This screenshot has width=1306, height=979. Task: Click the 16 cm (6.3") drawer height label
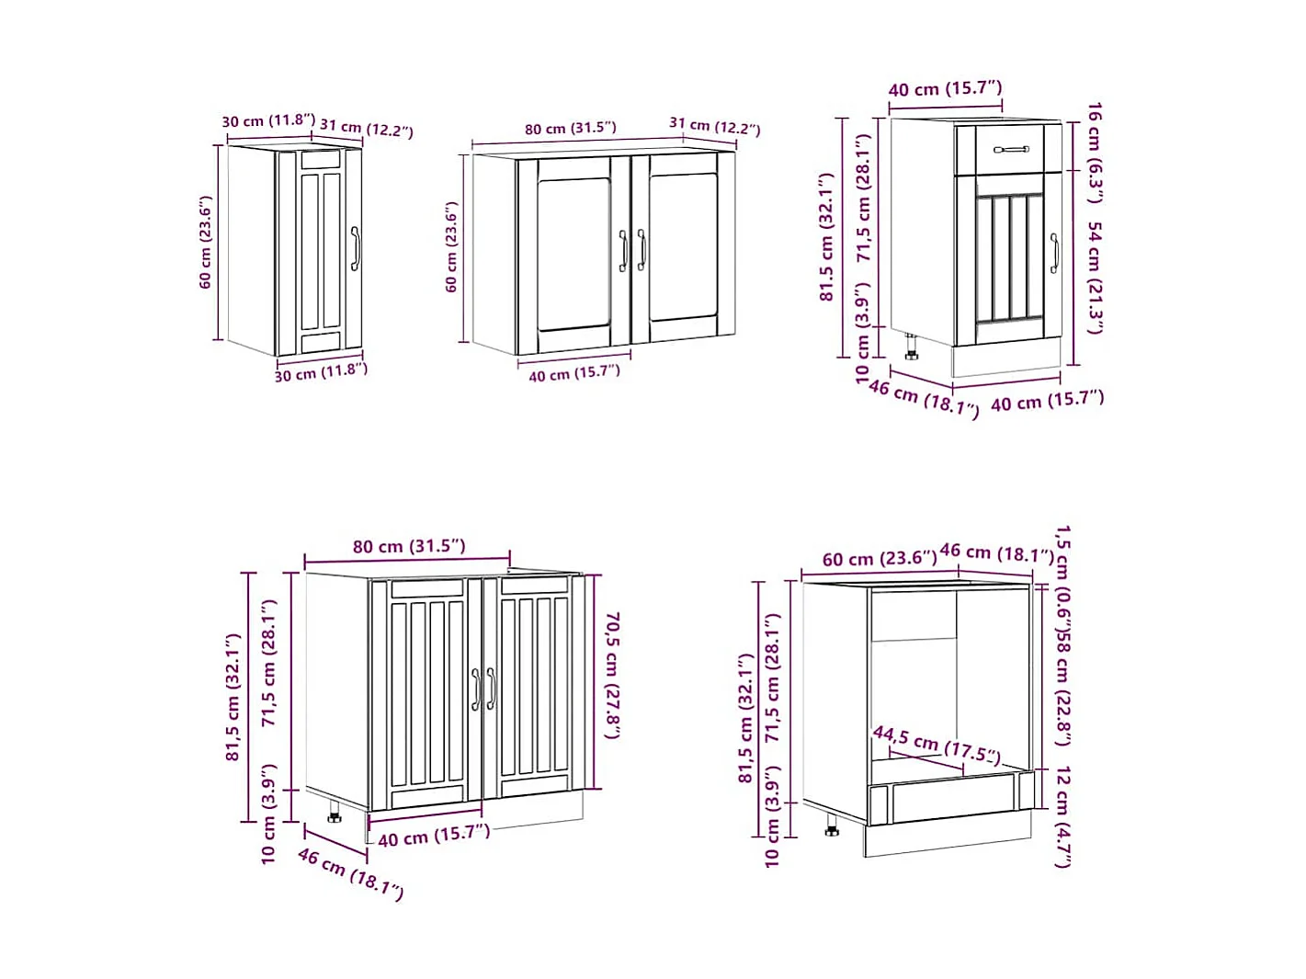(1094, 152)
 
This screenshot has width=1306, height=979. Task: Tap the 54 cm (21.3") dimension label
(1094, 277)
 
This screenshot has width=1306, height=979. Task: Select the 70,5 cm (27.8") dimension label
(611, 676)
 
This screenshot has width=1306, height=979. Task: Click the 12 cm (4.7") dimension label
(1062, 815)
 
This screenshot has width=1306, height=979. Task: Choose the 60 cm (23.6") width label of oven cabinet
(879, 559)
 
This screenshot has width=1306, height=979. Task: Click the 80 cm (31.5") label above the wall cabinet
(570, 129)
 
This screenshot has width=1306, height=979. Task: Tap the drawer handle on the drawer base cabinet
(1011, 149)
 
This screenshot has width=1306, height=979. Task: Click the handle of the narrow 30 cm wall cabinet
(355, 248)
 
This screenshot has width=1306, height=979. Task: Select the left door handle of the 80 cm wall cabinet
(622, 251)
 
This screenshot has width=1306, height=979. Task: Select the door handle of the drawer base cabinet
(1054, 253)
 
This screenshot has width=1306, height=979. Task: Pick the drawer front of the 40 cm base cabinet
(1009, 149)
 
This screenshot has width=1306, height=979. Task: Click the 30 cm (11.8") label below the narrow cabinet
(321, 372)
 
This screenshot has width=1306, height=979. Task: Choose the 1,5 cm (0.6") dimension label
(1062, 572)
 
